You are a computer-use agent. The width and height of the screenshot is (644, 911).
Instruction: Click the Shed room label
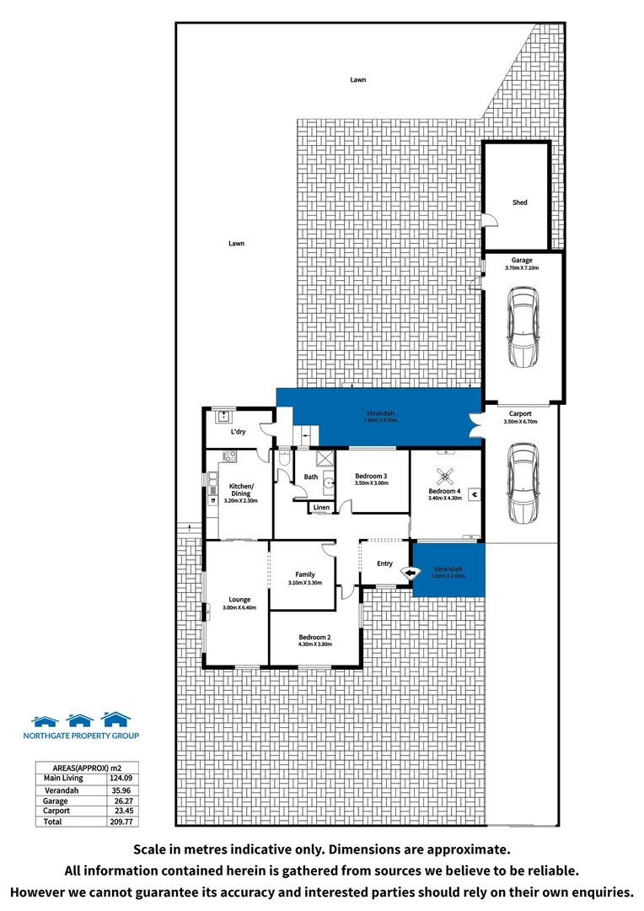pyautogui.click(x=519, y=202)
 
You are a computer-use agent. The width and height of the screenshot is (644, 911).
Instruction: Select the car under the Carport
pyautogui.click(x=522, y=485)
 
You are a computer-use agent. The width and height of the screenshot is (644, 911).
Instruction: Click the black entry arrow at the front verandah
pyautogui.click(x=411, y=573)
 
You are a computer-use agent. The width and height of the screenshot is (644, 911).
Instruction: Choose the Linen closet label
pyautogui.click(x=321, y=508)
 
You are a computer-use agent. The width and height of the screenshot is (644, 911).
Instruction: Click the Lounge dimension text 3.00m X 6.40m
pyautogui.click(x=239, y=607)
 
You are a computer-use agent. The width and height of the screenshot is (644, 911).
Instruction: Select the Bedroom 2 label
pyautogui.click(x=315, y=637)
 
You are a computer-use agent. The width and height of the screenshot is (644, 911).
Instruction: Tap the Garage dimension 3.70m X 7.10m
pyautogui.click(x=522, y=268)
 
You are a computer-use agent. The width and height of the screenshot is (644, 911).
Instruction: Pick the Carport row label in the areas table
pyautogui.click(x=56, y=811)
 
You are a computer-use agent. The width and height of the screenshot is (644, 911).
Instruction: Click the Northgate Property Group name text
pyautogui.click(x=80, y=736)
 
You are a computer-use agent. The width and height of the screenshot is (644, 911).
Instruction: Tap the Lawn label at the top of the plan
pyautogui.click(x=358, y=79)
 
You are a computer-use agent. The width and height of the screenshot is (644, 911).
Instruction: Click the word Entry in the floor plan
pyautogui.click(x=384, y=563)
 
